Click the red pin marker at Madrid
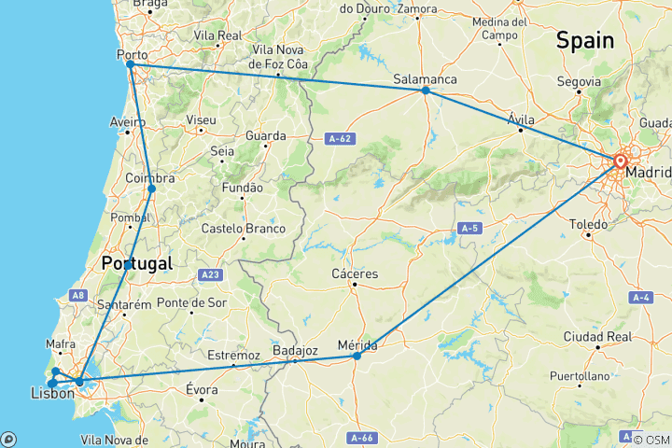tap(620, 161)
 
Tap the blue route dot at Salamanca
tap(425, 91)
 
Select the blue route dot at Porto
tap(130, 64)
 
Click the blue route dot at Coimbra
tap(151, 189)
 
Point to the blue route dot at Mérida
tap(357, 356)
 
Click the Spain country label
tap(585, 40)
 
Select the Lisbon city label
tap(52, 395)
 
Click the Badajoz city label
tap(296, 350)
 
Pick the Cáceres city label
tap(355, 273)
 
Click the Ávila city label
tap(521, 119)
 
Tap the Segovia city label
tap(579, 80)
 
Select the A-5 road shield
tap(469, 228)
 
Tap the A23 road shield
tap(210, 275)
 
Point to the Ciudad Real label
tap(598, 336)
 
